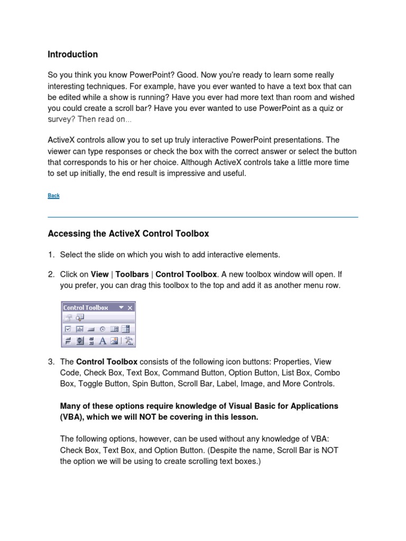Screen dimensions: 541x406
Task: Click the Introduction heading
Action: (x=72, y=54)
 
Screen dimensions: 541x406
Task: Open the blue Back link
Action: (x=53, y=195)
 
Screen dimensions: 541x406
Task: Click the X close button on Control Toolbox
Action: (x=131, y=307)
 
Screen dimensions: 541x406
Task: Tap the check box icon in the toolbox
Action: (x=68, y=329)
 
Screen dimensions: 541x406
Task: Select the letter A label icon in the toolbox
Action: (x=103, y=341)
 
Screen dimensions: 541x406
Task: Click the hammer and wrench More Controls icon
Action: (x=128, y=341)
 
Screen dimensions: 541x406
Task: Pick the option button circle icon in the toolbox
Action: (x=103, y=329)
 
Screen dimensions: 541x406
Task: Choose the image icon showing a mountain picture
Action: (x=115, y=341)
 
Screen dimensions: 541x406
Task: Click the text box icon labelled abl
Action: (x=80, y=329)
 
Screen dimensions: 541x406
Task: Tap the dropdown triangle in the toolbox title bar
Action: (x=121, y=307)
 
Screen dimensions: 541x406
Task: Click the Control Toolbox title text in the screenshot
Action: (x=86, y=307)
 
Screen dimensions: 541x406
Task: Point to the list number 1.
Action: (x=51, y=255)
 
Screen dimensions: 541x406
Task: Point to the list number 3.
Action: (x=51, y=362)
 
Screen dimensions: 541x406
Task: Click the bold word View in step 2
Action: (x=99, y=274)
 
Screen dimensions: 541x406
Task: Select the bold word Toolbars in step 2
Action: (x=132, y=274)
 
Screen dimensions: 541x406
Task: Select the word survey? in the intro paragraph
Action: (x=61, y=119)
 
